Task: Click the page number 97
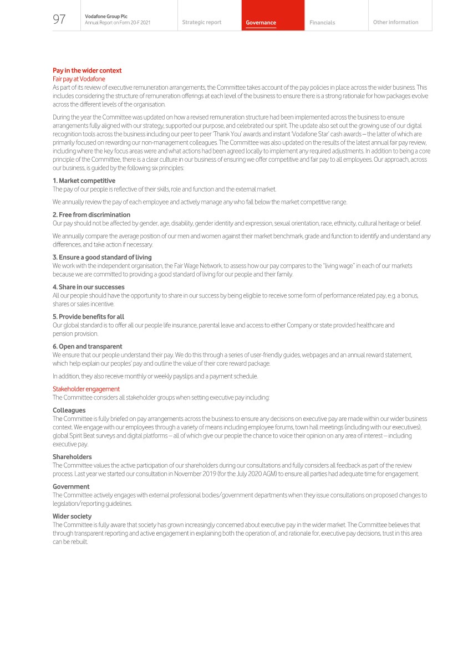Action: [59, 19]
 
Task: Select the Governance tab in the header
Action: [261, 23]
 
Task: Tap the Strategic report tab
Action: [201, 22]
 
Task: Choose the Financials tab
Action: [322, 23]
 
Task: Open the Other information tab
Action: [395, 22]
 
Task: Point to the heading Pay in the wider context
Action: [87, 70]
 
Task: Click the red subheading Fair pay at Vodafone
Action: [78, 79]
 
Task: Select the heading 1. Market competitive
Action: [84, 181]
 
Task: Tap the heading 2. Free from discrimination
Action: [91, 214]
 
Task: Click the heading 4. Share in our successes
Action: [89, 287]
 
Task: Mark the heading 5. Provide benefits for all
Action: [88, 317]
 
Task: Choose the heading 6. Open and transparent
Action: [87, 346]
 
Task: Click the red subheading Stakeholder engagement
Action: [86, 389]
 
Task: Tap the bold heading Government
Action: [71, 487]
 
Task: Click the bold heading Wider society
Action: [72, 516]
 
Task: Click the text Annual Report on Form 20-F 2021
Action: [118, 22]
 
